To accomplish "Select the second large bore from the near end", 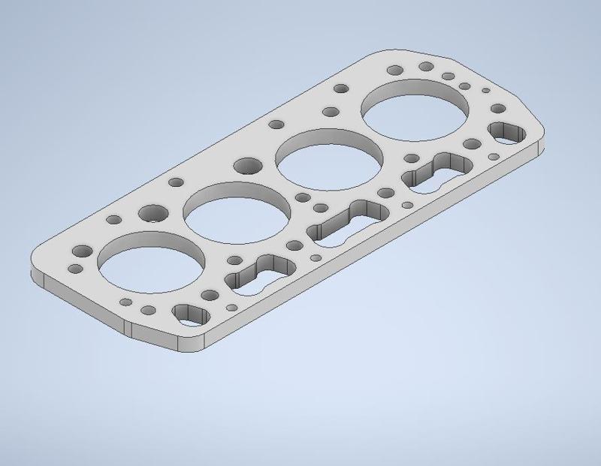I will [237, 213].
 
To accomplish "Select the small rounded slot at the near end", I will [189, 314].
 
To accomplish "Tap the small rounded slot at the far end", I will [509, 133].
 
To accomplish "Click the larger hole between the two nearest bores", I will [154, 214].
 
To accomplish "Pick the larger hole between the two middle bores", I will [246, 165].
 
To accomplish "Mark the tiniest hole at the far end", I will [485, 91].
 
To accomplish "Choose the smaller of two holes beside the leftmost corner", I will [74, 269].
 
